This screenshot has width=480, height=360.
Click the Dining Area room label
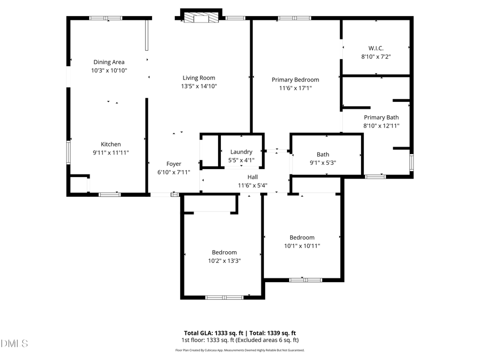(x=109, y=62)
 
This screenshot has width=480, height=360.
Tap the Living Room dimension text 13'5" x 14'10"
(x=199, y=86)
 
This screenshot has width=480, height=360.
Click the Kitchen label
(x=111, y=144)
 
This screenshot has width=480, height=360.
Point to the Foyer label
(x=174, y=164)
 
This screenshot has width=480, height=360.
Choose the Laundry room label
(x=241, y=152)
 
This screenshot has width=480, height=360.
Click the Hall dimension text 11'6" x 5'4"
(x=252, y=186)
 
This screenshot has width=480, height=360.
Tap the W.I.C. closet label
(x=376, y=48)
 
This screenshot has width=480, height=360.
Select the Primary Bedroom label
(x=295, y=80)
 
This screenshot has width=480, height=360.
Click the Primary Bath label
(x=381, y=117)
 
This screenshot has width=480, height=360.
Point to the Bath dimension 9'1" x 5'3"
(x=323, y=163)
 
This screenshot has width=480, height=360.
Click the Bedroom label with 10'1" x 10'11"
(x=302, y=237)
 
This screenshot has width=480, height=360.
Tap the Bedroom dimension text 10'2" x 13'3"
(x=224, y=261)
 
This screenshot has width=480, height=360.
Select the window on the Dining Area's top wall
(x=106, y=18)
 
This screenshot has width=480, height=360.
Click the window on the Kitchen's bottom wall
(x=109, y=195)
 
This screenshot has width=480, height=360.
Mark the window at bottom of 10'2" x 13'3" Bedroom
(x=224, y=297)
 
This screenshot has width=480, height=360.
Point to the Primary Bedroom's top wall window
(x=294, y=18)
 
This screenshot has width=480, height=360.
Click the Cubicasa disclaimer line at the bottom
(x=240, y=350)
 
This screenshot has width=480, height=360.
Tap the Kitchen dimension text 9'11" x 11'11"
(x=111, y=153)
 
